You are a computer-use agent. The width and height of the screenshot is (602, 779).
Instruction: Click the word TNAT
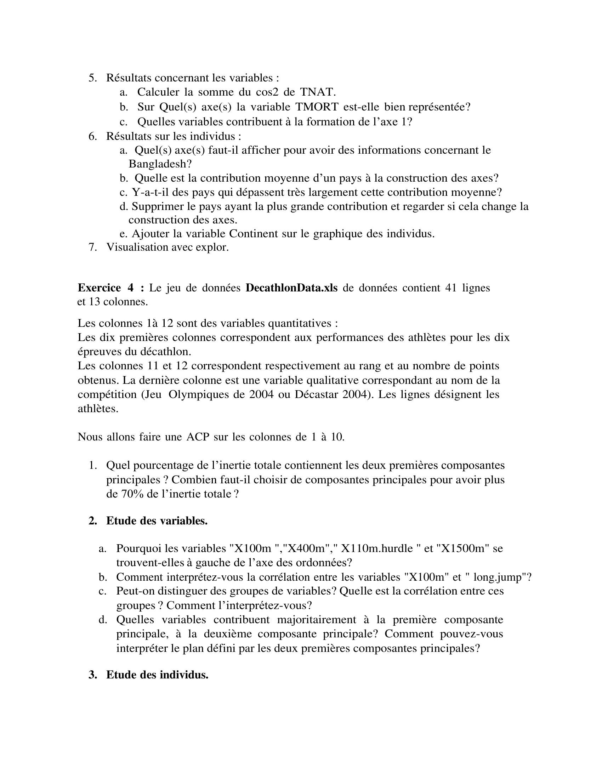coord(317,92)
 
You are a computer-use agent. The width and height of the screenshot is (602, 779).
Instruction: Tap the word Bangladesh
coord(160,164)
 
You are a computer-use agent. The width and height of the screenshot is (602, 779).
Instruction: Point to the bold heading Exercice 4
coord(111,288)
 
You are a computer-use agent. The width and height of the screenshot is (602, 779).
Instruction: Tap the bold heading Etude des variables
coord(157,521)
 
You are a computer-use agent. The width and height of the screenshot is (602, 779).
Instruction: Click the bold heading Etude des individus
coord(157,675)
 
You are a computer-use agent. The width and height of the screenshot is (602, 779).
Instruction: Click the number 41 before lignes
coord(451,288)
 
